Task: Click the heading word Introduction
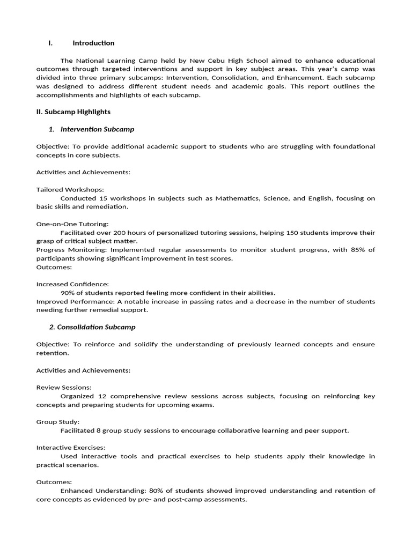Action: (x=93, y=43)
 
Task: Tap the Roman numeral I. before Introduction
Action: (x=50, y=43)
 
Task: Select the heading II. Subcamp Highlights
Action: (x=73, y=112)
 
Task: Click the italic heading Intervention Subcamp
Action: (x=97, y=129)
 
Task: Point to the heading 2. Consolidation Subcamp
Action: (x=92, y=327)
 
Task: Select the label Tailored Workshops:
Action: (x=70, y=190)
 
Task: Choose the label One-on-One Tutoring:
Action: (x=72, y=224)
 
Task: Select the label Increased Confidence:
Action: (x=72, y=284)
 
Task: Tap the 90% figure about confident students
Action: (x=68, y=293)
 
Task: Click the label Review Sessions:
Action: (x=64, y=388)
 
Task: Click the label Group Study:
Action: (x=58, y=422)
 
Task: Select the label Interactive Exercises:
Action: (x=71, y=448)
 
